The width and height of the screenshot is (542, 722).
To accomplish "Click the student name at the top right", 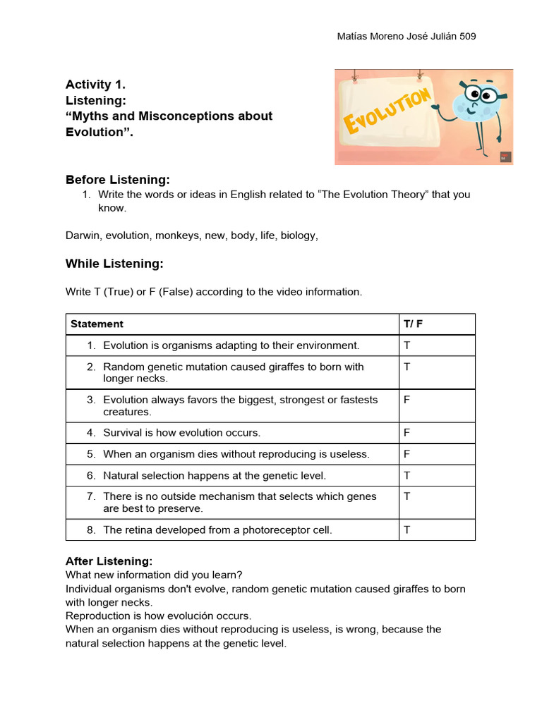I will pos(407,37).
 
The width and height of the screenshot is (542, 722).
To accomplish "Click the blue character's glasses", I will pos(486,94).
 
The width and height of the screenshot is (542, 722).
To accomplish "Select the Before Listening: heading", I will pos(117,179).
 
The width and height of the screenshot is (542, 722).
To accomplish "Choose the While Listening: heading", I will pos(114,264).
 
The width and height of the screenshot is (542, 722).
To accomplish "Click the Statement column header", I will pos(97,324).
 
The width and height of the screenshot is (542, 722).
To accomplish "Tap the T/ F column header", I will pos(413,324).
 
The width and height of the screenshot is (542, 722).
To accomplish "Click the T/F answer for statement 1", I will pos(406,345).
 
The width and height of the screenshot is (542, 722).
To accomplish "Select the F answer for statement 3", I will pos(406,400).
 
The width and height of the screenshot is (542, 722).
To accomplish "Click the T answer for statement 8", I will pos(406,530).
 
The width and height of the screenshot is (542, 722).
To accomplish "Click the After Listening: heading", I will pos(109,561).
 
